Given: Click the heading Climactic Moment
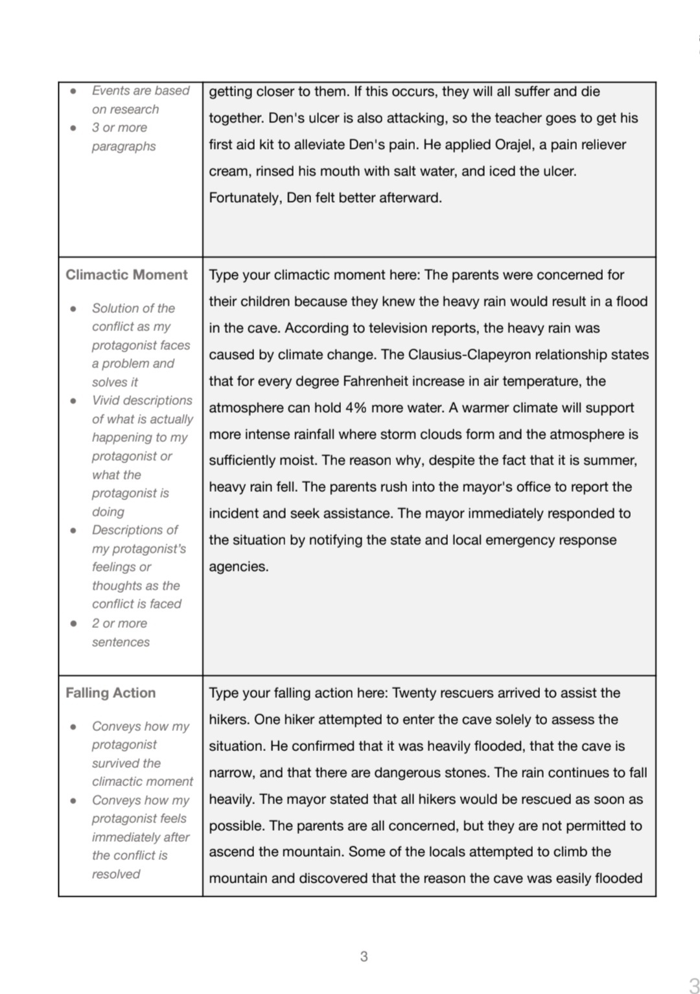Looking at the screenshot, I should pyautogui.click(x=126, y=275).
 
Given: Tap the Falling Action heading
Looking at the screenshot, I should pyautogui.click(x=110, y=693).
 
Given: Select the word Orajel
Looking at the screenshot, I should pyautogui.click(x=514, y=144).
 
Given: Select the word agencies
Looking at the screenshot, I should pyautogui.click(x=239, y=566).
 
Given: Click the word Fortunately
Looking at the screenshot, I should pyautogui.click(x=245, y=198).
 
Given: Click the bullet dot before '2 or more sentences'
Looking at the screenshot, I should pyautogui.click(x=73, y=623).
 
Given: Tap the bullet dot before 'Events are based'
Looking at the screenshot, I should pyautogui.click(x=73, y=91).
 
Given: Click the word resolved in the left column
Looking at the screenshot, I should pyautogui.click(x=116, y=874).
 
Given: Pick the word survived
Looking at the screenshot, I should pyautogui.click(x=126, y=763).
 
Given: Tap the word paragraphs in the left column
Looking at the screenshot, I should pyautogui.click(x=124, y=146).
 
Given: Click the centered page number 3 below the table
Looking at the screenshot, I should pyautogui.click(x=364, y=956).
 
